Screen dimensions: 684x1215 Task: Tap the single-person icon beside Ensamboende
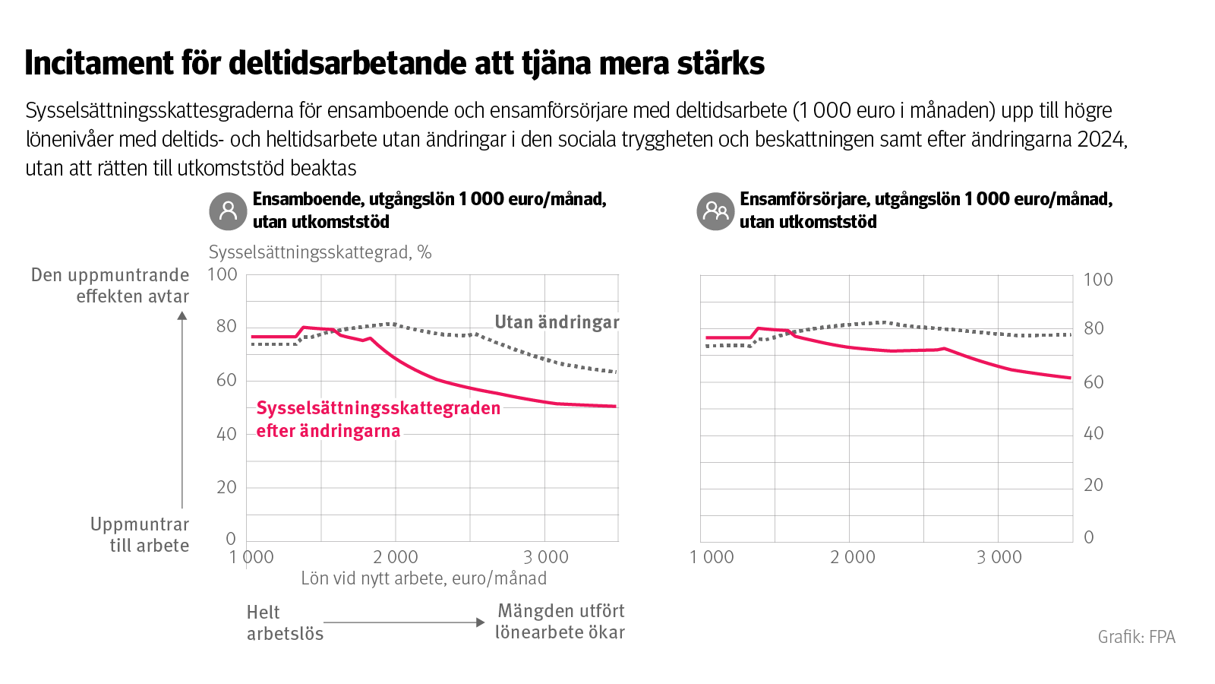(228, 211)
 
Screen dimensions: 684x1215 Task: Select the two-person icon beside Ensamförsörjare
(715, 211)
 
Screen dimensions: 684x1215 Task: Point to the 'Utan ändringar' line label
(557, 322)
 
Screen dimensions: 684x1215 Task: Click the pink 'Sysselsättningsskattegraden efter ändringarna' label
(377, 420)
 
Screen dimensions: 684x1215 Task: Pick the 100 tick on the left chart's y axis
(222, 274)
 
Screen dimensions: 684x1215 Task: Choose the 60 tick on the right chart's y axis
(1093, 382)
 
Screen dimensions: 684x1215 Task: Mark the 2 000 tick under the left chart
(396, 557)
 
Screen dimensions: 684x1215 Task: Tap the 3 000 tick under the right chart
(999, 557)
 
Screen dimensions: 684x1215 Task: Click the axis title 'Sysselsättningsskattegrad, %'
(320, 252)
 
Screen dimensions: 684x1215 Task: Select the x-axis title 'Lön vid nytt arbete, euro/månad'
(424, 578)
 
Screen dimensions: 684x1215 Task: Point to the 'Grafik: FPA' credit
(1136, 637)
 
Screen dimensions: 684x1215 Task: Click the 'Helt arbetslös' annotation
(285, 622)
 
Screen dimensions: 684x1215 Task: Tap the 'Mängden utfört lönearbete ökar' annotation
(560, 622)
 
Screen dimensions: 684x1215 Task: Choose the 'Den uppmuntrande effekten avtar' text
(110, 286)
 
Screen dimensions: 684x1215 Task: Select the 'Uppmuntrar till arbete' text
(140, 535)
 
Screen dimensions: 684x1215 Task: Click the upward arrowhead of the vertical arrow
(182, 315)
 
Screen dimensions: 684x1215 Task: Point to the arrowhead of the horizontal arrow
(480, 622)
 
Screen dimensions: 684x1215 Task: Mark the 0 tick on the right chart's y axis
(1089, 537)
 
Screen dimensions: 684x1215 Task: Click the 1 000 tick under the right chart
(712, 557)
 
